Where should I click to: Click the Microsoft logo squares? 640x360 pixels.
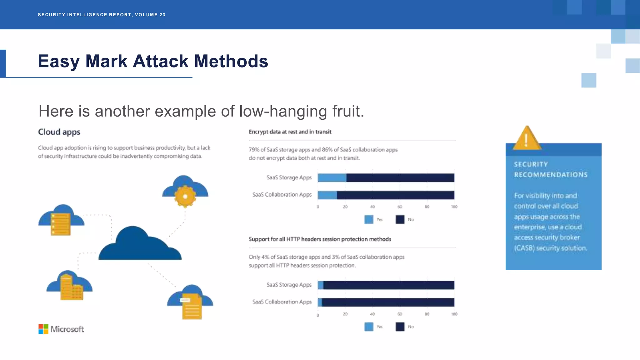click(43, 329)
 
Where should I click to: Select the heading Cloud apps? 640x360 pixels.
click(59, 132)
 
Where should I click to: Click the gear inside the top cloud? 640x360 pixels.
click(185, 197)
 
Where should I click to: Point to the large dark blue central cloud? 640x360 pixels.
click(140, 247)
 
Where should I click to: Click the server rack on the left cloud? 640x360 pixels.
click(61, 224)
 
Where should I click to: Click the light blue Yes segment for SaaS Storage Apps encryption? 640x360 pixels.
click(332, 178)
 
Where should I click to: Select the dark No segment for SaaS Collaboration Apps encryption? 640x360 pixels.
click(395, 195)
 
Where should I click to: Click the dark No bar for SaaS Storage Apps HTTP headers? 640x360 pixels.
click(389, 285)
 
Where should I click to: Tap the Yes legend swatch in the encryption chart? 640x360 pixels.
click(369, 219)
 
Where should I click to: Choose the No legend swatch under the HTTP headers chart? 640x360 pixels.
click(400, 327)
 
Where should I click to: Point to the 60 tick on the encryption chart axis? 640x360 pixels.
click(400, 207)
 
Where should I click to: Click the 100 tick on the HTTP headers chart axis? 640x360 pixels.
click(454, 314)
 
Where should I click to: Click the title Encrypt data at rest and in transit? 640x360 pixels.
click(290, 132)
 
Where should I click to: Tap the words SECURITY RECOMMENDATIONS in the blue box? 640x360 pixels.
click(551, 169)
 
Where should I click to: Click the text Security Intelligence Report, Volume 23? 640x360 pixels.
click(102, 15)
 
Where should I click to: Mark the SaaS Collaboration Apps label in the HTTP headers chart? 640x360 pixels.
click(282, 302)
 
